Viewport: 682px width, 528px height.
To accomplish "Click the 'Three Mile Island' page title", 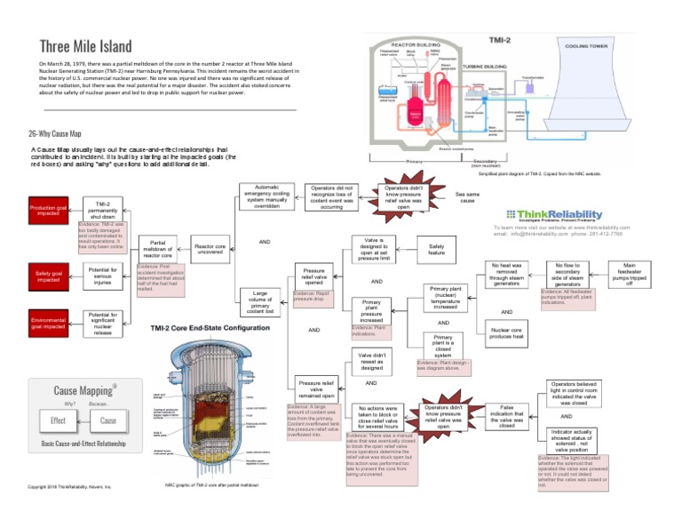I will coord(85,45).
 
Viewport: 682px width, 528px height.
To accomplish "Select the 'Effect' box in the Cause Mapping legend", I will coord(58,420).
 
